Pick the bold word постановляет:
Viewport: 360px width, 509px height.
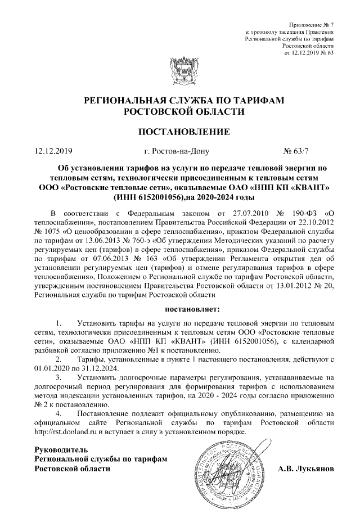pos(192,309)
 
